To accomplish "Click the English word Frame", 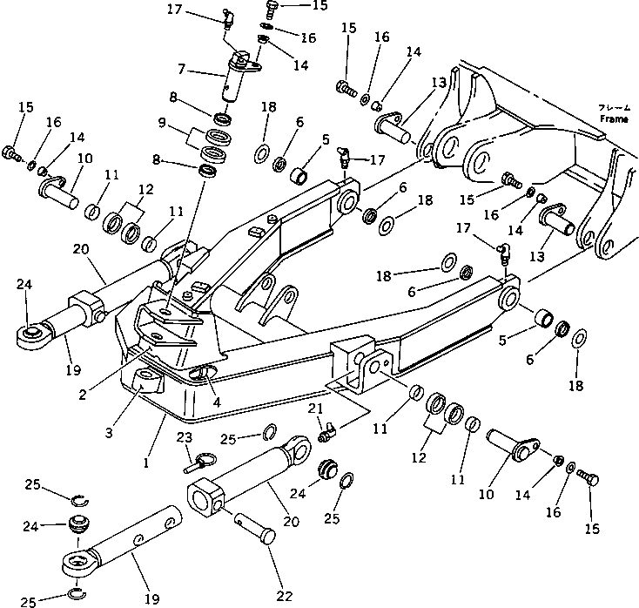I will (613, 118).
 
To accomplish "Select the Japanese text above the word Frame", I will (613, 106).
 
